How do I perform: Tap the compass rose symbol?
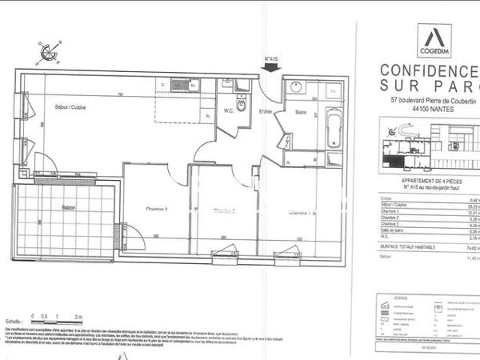point(47,54)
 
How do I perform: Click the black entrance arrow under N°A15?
point(270,70)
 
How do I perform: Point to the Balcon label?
point(69,208)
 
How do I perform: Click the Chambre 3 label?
point(156,211)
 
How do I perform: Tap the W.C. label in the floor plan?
point(228,110)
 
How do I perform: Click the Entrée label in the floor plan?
point(266,110)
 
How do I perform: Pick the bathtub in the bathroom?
point(334,129)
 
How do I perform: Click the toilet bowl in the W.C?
point(241,105)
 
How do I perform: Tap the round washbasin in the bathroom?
point(296,87)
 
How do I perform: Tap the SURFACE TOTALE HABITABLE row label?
point(416,248)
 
